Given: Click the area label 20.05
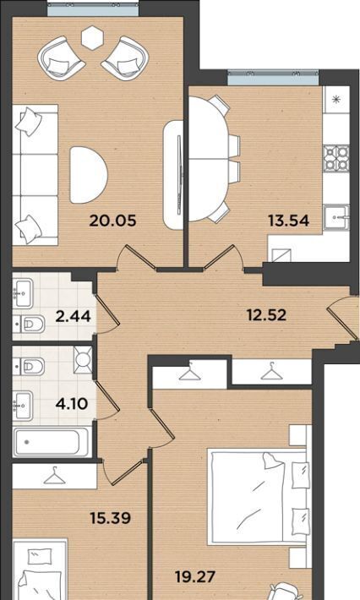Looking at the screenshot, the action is tap(112, 221).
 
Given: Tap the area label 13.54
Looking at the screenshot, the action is tap(288, 221).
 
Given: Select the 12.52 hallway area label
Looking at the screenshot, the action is tap(266, 315).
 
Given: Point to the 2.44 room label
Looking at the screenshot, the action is tap(73, 316).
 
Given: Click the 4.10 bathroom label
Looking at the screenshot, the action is tap(72, 403).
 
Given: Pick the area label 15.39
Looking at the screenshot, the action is tap(110, 518).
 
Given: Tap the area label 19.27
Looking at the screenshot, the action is tap(194, 576).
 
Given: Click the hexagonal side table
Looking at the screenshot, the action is tap(93, 37).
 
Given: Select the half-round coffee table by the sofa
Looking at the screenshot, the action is tap(89, 175).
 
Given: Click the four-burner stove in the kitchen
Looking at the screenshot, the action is tap(336, 158).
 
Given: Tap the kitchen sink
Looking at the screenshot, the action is tap(336, 217).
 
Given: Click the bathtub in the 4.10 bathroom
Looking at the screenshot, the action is tap(52, 442).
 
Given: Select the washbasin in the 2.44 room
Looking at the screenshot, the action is tap(23, 293).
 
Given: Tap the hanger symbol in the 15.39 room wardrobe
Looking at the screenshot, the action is tap(54, 476).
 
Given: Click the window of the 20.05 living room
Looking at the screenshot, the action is tap(93, 9).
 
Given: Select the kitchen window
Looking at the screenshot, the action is tap(273, 78).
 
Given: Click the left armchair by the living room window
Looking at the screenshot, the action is tap(61, 58).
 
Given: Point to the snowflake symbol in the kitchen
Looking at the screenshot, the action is tap(336, 100).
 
